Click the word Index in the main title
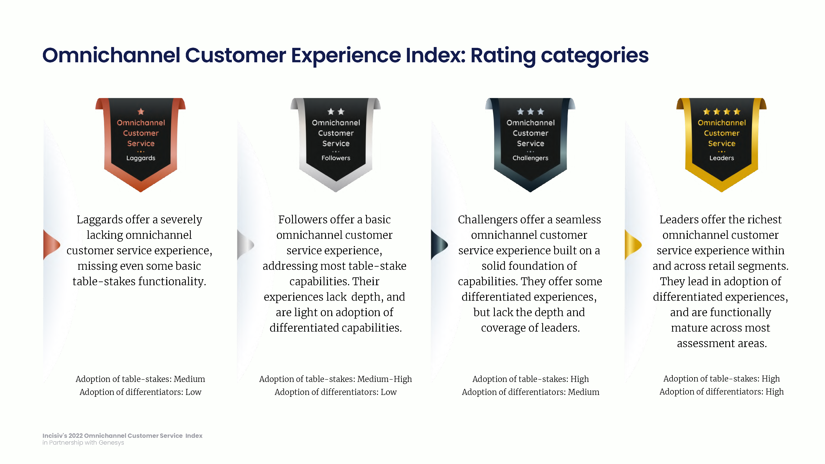tap(436, 55)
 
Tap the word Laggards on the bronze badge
tap(141, 158)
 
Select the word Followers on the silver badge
tap(336, 158)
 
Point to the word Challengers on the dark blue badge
tap(530, 158)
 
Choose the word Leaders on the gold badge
tap(721, 158)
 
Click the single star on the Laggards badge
tap(141, 111)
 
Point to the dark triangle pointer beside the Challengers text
tap(439, 245)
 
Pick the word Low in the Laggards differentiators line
tap(193, 392)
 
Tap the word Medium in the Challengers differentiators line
tap(583, 392)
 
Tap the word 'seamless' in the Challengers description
tap(578, 220)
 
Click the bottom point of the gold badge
tap(721, 192)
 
